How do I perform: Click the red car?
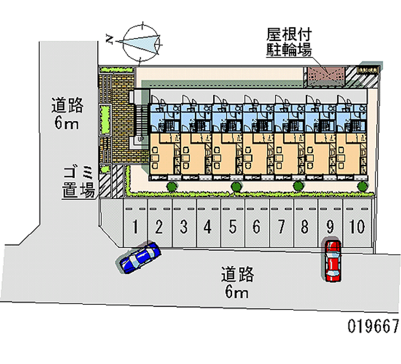pos(332,260)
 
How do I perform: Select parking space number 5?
pos(233,227)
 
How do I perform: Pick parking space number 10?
pos(357,227)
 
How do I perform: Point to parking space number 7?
pos(282,227)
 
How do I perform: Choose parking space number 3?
pos(184,227)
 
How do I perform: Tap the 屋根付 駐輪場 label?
pos(289,43)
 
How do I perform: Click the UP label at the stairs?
pos(140,138)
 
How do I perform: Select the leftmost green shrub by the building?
pos(171,187)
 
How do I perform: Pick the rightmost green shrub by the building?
pos(362,187)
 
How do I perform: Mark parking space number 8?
pos(304,227)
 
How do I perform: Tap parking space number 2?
pos(159,227)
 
